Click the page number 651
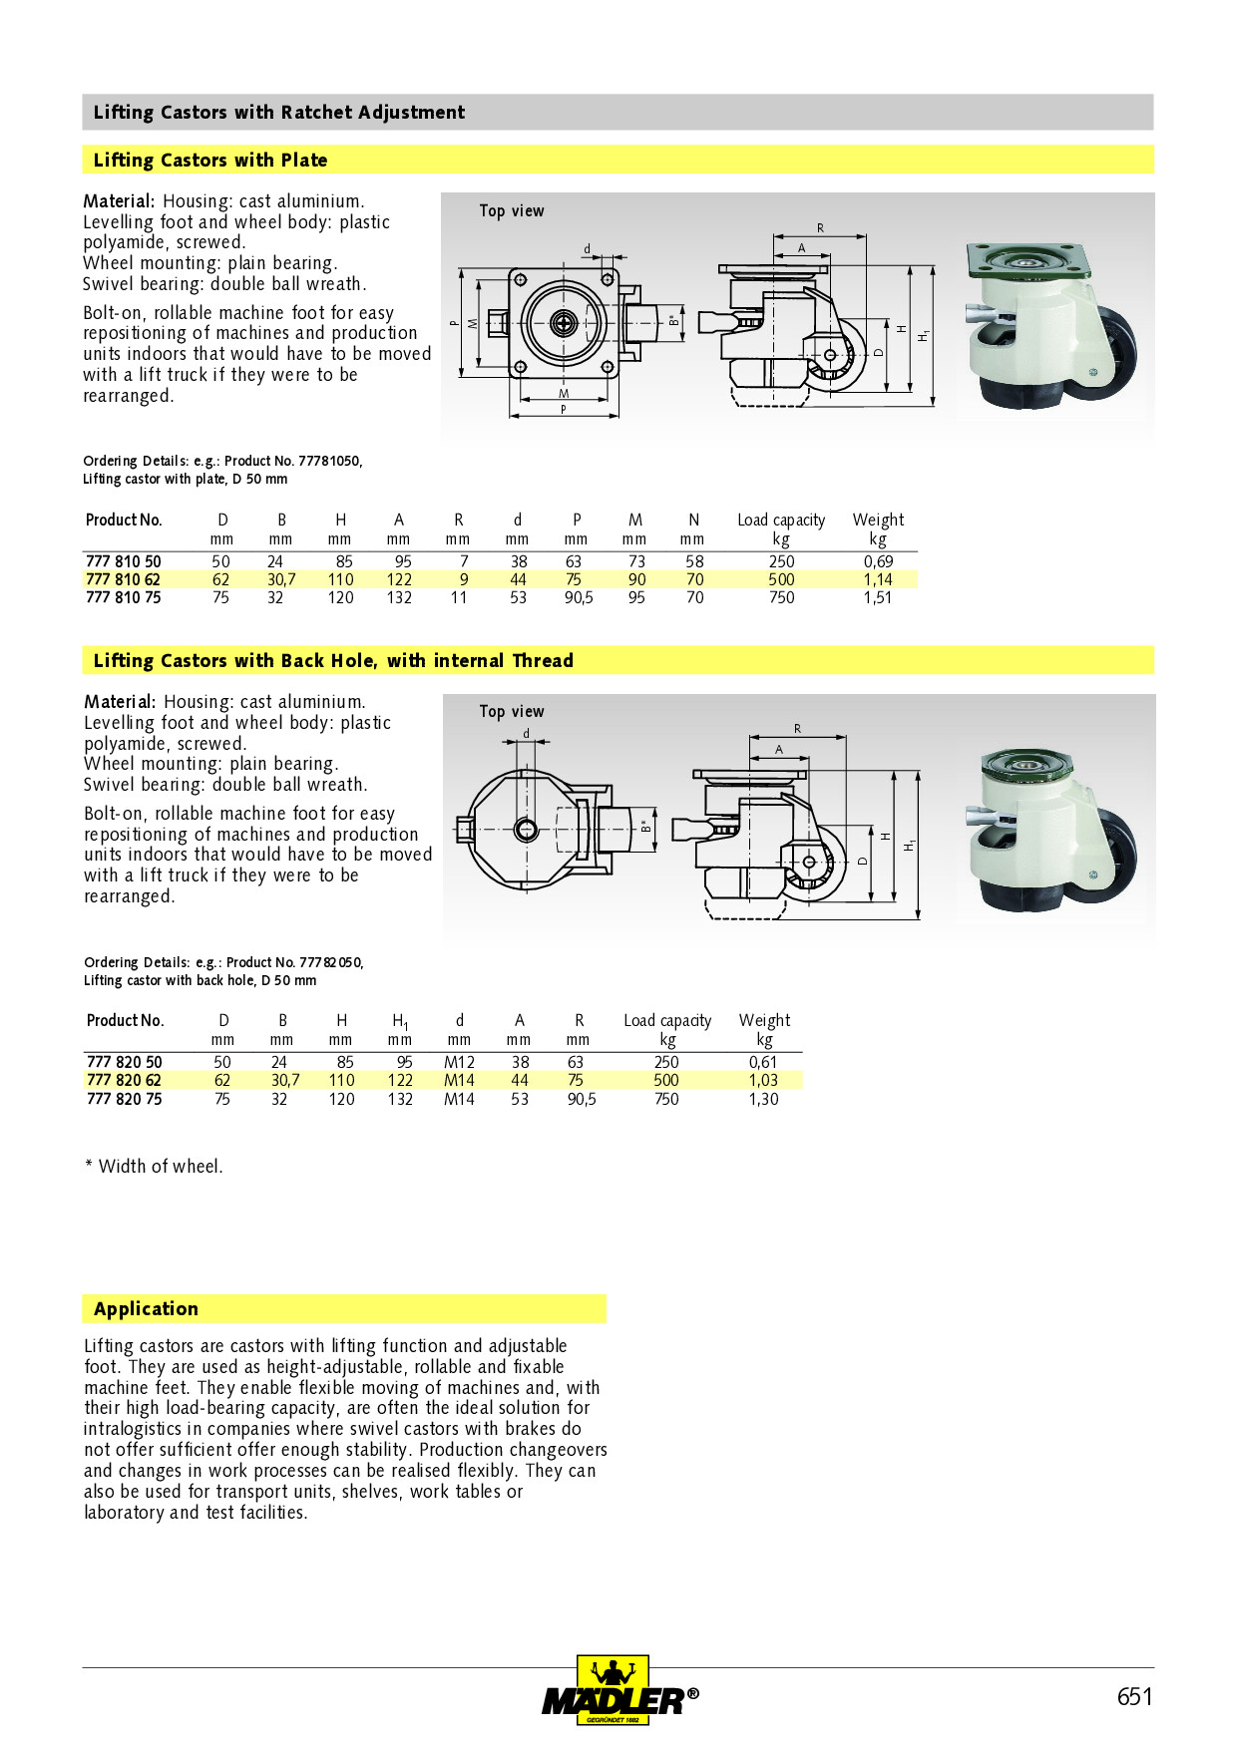click(x=1134, y=1696)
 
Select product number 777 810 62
click(x=123, y=579)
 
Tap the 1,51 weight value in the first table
click(x=877, y=597)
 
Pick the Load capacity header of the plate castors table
click(x=781, y=520)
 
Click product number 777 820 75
click(x=124, y=1099)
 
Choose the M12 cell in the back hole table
click(x=459, y=1062)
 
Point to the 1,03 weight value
click(x=763, y=1080)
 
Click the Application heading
click(x=146, y=1308)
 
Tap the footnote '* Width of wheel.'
click(x=154, y=1166)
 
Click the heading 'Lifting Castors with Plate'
click(x=209, y=160)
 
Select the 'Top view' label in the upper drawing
click(x=511, y=210)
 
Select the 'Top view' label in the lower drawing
click(x=511, y=711)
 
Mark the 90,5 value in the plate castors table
click(x=579, y=597)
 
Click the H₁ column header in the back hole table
click(x=399, y=1021)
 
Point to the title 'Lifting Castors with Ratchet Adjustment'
click(x=278, y=112)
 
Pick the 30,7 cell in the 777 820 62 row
click(x=284, y=1080)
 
